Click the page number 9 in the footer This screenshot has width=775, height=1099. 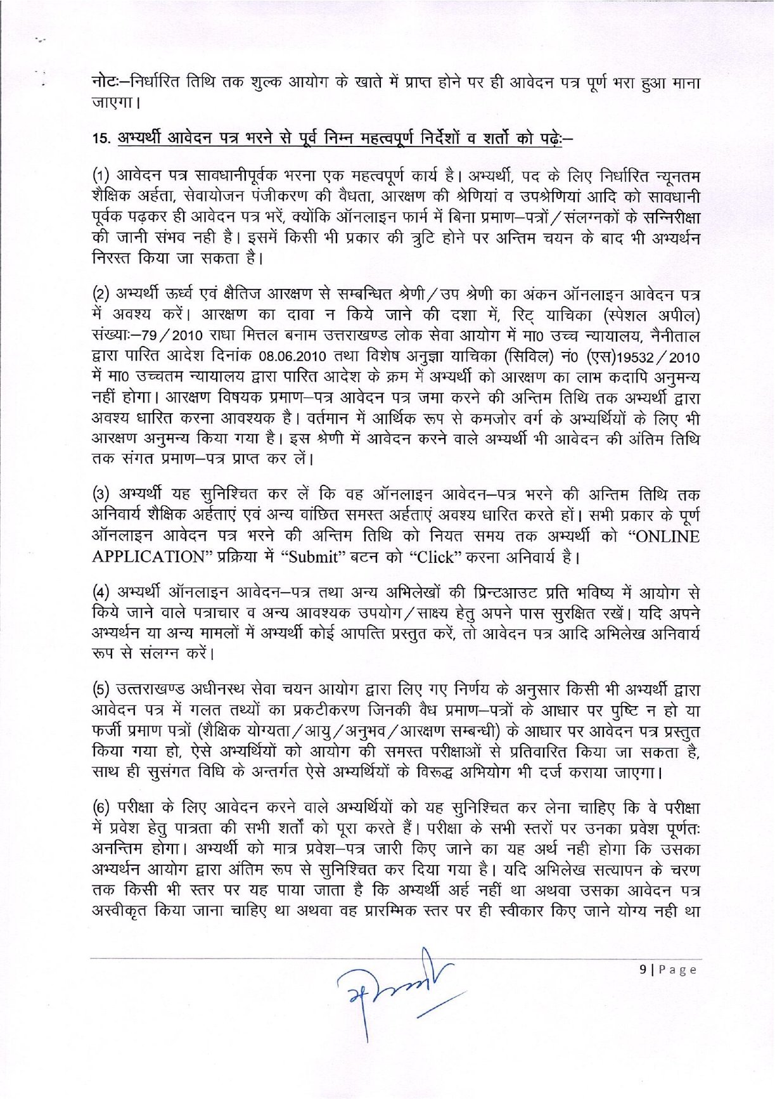[643, 969]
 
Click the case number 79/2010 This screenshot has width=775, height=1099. [170, 336]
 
